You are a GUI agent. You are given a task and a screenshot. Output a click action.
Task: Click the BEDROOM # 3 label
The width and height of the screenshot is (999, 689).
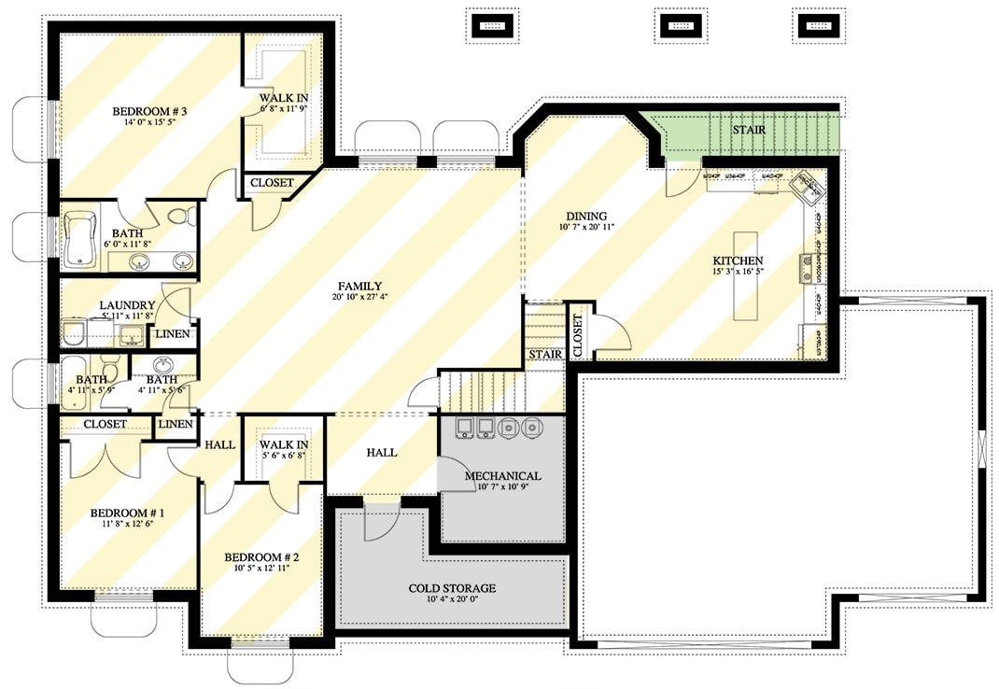click(x=150, y=112)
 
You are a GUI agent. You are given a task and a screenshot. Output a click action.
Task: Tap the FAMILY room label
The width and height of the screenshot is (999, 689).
click(x=360, y=286)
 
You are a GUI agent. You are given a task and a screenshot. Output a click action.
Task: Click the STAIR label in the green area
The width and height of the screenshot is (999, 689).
click(x=750, y=130)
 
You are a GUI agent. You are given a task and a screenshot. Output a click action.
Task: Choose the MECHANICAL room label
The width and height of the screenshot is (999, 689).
click(x=502, y=476)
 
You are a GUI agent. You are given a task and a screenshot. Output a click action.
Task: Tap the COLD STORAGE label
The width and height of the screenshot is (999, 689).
click(x=452, y=588)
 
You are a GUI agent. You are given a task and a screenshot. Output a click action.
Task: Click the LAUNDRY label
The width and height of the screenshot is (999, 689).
click(x=127, y=305)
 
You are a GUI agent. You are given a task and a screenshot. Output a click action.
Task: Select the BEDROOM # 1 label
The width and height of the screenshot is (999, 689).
click(x=127, y=513)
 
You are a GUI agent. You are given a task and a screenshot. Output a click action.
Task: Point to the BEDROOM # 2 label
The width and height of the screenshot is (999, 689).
click(x=260, y=557)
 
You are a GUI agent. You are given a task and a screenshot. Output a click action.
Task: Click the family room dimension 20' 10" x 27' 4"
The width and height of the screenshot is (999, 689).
click(x=360, y=298)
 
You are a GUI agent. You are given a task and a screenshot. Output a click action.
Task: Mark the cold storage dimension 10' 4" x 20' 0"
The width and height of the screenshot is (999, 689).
click(x=452, y=600)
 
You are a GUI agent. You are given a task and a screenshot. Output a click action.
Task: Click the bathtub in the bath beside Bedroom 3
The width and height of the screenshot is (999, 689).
click(x=80, y=239)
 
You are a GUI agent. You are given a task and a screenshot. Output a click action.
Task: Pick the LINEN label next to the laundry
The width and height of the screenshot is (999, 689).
click(x=173, y=334)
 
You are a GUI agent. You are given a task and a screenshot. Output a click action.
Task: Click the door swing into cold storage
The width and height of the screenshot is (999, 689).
click(x=381, y=523)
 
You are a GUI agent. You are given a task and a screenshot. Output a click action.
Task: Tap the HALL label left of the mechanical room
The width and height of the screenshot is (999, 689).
click(x=381, y=453)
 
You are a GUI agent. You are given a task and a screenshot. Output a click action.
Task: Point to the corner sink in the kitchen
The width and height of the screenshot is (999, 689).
click(x=808, y=188)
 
